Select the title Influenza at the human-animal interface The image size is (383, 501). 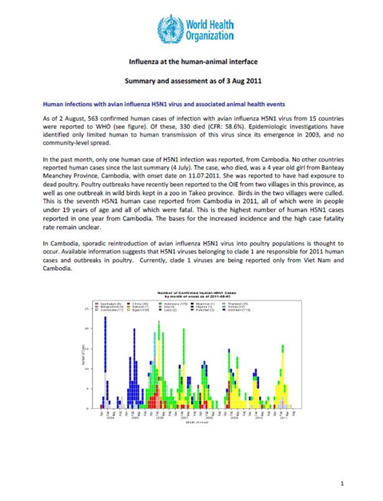[191, 61]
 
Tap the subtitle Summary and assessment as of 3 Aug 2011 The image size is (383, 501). [191, 82]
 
